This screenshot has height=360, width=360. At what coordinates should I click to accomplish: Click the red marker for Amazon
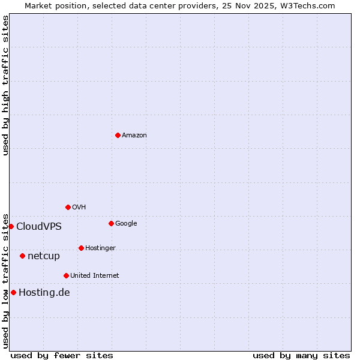(x=118, y=135)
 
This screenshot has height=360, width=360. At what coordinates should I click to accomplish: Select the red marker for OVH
(x=68, y=207)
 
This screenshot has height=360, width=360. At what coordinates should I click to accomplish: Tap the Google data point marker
(x=111, y=223)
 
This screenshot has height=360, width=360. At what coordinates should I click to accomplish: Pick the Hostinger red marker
(x=81, y=248)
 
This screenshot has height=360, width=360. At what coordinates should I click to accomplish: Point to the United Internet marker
(x=66, y=275)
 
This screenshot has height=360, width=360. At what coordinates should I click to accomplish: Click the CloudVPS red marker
(x=11, y=226)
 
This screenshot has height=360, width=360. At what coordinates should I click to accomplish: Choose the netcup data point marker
(x=22, y=256)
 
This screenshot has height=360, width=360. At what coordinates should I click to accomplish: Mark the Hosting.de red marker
(x=13, y=292)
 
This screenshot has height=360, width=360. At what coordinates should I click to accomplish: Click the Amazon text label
(x=134, y=136)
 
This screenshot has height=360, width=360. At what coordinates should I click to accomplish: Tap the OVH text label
(x=79, y=208)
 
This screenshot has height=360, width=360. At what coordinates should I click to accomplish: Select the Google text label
(x=126, y=224)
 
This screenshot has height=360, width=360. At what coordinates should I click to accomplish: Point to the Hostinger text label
(x=100, y=248)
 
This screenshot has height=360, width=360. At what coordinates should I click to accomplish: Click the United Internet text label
(x=95, y=276)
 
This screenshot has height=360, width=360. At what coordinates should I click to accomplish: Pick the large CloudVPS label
(x=39, y=227)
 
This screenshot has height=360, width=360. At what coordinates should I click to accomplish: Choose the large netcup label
(x=44, y=256)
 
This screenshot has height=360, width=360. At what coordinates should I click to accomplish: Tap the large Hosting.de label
(x=44, y=293)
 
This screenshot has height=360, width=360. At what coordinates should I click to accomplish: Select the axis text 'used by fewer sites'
(x=62, y=355)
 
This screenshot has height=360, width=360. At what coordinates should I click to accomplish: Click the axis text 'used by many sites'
(x=301, y=355)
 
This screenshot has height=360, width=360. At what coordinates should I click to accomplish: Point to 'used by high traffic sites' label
(x=5, y=85)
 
